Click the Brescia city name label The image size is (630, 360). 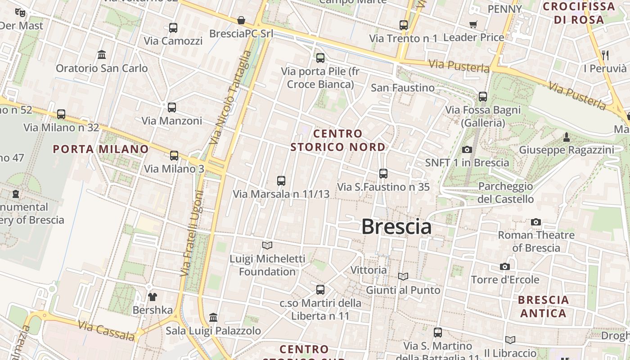point(396,226)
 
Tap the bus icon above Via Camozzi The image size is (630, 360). point(173,28)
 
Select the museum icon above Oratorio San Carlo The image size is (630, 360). point(102,55)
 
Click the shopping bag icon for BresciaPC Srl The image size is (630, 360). point(241,20)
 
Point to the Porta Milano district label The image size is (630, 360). point(101,149)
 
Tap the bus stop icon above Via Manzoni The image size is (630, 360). point(171,108)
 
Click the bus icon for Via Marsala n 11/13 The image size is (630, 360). point(281,181)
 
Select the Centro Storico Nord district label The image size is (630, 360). point(338,140)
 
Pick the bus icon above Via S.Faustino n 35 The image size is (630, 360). point(383,174)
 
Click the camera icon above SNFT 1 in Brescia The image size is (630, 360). point(467,149)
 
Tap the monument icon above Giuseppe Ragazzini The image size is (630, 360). point(567,137)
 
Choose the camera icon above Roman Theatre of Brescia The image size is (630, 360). point(535,222)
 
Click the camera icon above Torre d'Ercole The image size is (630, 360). point(505,267)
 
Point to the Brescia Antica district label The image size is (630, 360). point(543,306)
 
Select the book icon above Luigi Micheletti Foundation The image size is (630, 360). point(267,245)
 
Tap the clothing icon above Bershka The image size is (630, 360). point(153,297)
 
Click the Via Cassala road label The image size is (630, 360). point(106,331)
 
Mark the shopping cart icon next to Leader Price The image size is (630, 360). point(473,25)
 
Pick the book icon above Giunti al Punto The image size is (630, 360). point(403,277)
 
